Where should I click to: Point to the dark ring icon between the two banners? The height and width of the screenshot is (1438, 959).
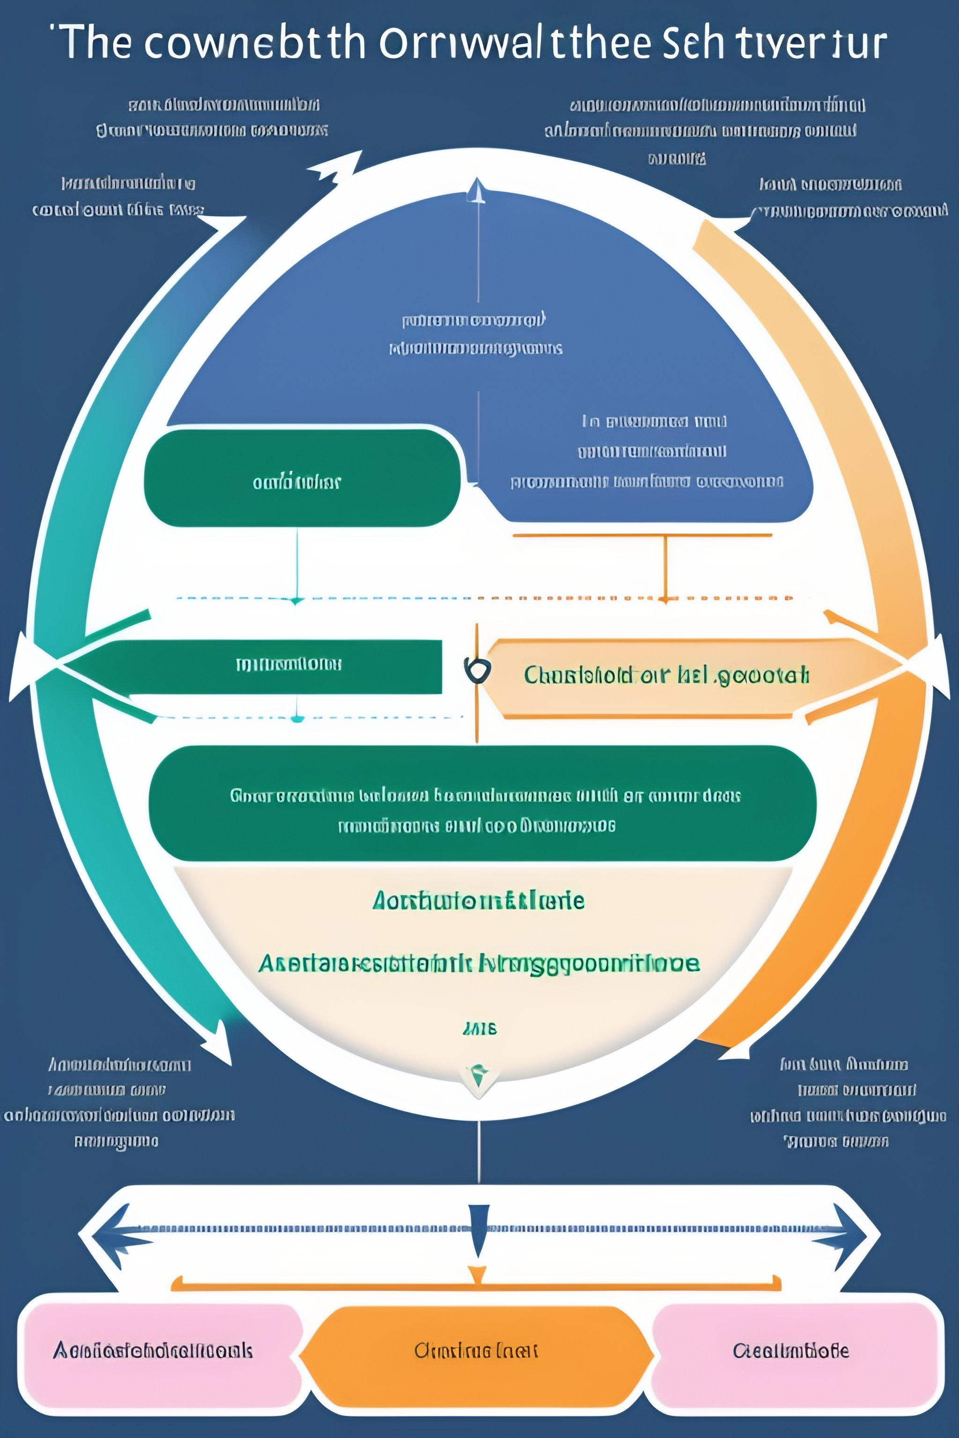(477, 671)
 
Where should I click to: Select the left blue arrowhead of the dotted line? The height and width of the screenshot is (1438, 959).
(116, 1229)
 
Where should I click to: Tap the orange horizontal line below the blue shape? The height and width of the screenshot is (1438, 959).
(642, 535)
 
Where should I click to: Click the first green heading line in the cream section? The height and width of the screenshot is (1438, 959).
(478, 901)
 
